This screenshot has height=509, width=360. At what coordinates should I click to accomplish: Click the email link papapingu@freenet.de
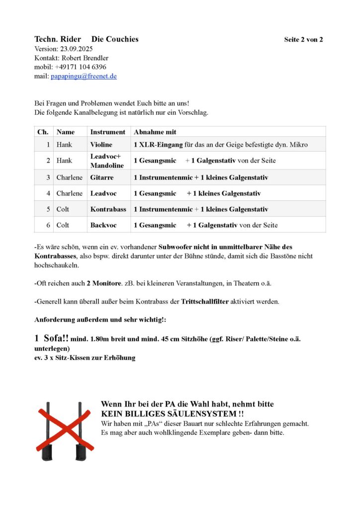click(x=84, y=76)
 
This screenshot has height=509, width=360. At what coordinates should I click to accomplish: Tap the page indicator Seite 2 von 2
click(x=303, y=39)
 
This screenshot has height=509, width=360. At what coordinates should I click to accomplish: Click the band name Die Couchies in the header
click(x=115, y=39)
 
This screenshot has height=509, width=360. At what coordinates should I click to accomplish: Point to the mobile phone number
click(x=80, y=67)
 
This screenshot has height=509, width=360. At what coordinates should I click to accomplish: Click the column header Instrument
click(x=107, y=132)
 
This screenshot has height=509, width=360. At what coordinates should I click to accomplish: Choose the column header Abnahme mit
click(x=155, y=132)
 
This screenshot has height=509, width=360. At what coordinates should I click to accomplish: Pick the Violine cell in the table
click(x=101, y=145)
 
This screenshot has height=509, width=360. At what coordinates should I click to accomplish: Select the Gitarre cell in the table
click(x=102, y=177)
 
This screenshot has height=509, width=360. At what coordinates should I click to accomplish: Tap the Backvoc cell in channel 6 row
click(x=103, y=225)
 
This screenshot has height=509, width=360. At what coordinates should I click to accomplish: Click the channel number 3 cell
click(x=48, y=177)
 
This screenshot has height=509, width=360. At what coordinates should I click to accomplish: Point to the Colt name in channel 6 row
click(x=63, y=225)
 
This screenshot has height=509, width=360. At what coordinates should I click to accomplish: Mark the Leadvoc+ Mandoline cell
click(x=106, y=161)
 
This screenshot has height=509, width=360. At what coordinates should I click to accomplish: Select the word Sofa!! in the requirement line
click(x=56, y=338)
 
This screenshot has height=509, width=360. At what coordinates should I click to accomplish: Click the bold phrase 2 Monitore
click(x=104, y=283)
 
